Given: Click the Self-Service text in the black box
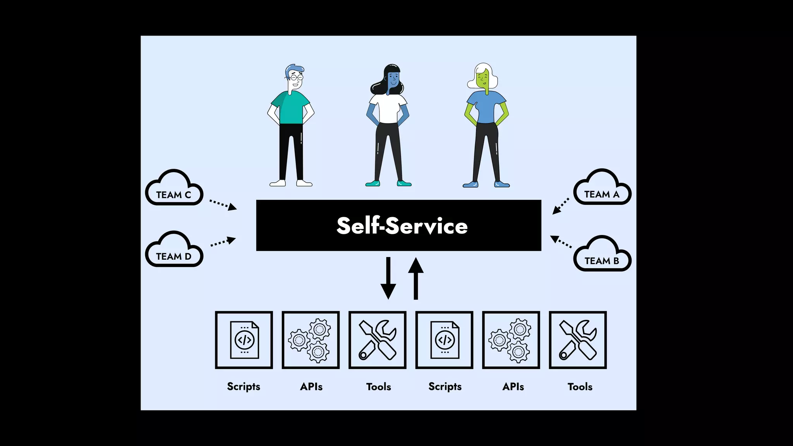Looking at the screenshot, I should point(402,226).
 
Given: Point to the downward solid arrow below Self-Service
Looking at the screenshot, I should point(388,278).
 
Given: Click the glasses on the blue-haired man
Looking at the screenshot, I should point(297,78).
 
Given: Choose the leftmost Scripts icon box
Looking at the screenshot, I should point(244,340).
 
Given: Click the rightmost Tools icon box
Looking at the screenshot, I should point(578,340).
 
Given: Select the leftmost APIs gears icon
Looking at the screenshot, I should point(311,340).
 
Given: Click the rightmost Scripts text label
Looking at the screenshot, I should point(445,386).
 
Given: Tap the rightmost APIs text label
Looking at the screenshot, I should point(513,386).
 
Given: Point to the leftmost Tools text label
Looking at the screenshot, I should point(378,386).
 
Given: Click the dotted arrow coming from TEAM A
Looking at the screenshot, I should point(561,206).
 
